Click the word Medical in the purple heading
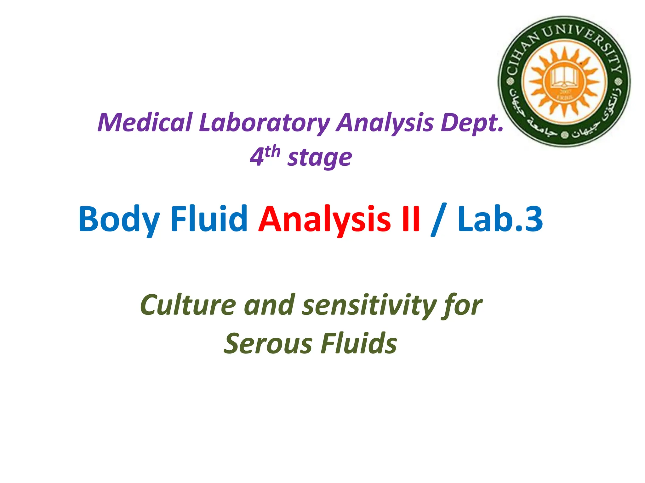pyautogui.click(x=145, y=123)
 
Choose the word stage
pyautogui.click(x=319, y=158)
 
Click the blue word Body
pyautogui.click(x=119, y=219)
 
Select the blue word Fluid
pyautogui.click(x=209, y=219)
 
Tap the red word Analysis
pyautogui.click(x=324, y=219)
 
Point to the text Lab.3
pyautogui.click(x=500, y=219)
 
